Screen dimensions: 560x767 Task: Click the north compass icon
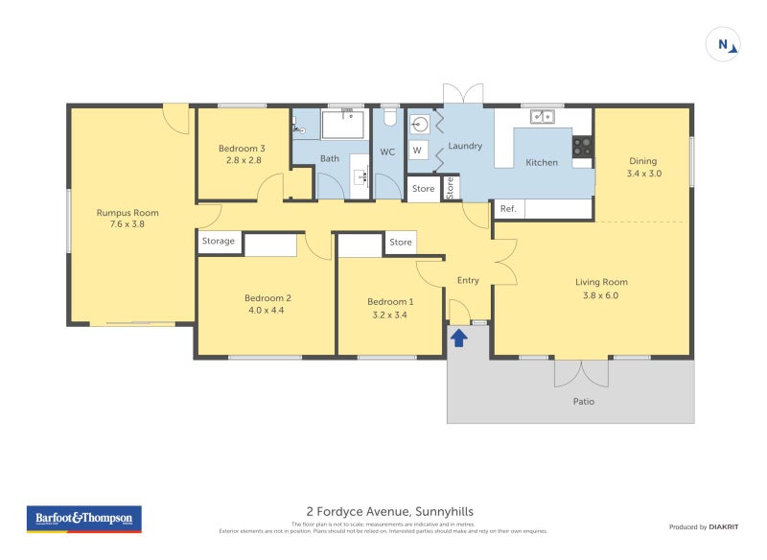point(723,44)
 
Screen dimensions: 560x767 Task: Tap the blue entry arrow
point(458,337)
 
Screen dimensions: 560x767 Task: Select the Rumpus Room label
point(128,213)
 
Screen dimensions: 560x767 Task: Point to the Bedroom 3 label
point(242,149)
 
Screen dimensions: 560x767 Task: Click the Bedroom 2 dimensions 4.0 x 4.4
point(267,311)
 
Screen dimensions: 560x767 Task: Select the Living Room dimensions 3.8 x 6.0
point(601,295)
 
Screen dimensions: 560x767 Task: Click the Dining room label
point(643,161)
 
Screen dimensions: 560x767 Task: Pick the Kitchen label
point(542,163)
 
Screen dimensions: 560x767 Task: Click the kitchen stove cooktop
point(582,146)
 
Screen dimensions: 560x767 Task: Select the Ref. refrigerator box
point(508,209)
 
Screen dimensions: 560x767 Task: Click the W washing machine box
point(418,151)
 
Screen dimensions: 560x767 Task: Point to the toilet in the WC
point(389,117)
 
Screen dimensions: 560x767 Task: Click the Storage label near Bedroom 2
point(218,242)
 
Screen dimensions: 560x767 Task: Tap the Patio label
point(583,402)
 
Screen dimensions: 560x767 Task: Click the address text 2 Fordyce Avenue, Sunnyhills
point(389,511)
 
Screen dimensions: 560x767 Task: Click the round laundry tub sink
point(420,123)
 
